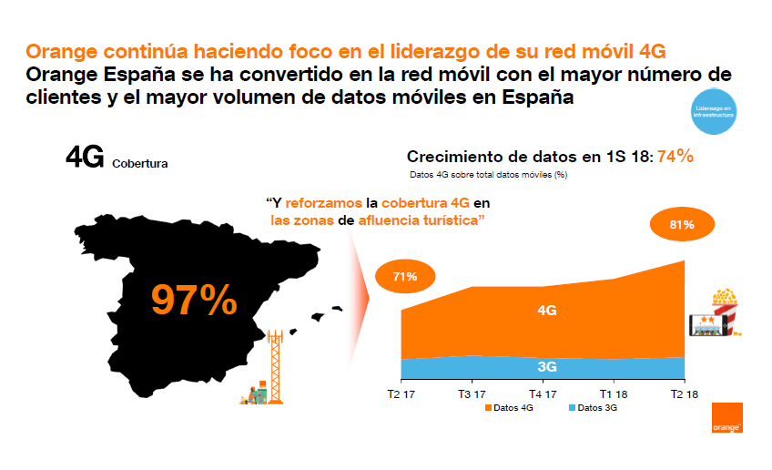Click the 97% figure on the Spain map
[194, 300]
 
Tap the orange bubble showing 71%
[405, 277]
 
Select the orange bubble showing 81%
[682, 224]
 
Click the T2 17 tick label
[401, 393]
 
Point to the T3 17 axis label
[472, 393]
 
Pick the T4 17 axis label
[543, 393]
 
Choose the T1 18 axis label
[613, 393]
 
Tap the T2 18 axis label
[684, 393]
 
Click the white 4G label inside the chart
[547, 311]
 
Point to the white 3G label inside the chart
[547, 367]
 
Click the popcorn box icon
[726, 309]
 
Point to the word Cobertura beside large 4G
[139, 165]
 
